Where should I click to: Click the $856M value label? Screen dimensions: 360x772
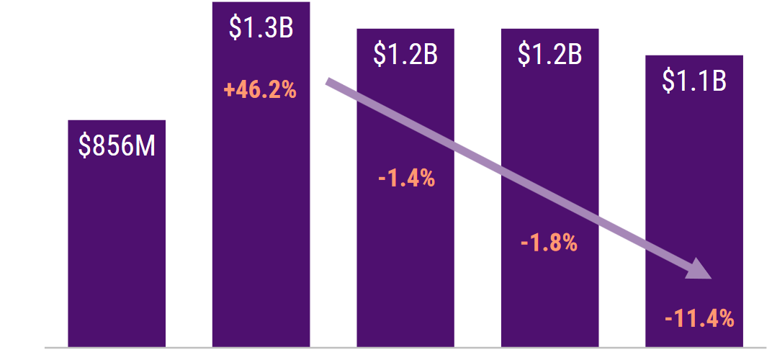tap(117, 146)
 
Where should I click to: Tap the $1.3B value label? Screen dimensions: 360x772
tap(261, 28)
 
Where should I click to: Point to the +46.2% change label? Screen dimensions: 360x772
tap(260, 91)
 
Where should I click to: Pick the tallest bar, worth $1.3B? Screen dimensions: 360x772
tap(261, 216)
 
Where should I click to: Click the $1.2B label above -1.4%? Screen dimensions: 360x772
tap(405, 55)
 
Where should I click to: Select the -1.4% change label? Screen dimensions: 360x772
tap(406, 178)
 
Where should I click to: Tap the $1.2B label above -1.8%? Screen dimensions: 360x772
tap(550, 55)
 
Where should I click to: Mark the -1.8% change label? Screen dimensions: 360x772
tap(549, 243)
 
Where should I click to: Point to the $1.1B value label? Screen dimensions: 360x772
tap(694, 81)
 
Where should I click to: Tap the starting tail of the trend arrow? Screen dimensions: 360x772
tap(330, 81)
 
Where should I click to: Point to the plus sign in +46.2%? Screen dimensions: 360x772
tap(228, 91)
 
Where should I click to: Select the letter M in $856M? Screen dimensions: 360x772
tap(146, 146)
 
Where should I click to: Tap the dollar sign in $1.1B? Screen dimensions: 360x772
tap(668, 81)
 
